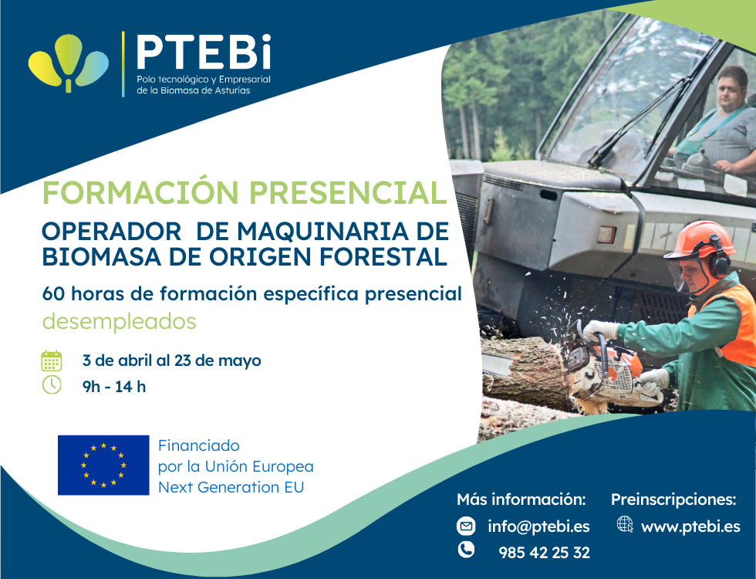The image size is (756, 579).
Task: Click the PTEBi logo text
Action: [204, 52]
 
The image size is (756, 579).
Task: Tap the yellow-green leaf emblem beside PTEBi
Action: [69, 63]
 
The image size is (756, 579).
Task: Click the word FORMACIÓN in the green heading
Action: [140, 192]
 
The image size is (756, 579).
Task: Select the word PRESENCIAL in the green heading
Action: [348, 193]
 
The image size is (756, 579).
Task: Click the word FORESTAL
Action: [383, 256]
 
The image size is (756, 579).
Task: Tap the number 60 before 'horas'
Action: [53, 293]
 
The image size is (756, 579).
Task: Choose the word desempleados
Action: [119, 321]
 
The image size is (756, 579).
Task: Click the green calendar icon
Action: [51, 361]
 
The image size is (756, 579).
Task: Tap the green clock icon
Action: [52, 385]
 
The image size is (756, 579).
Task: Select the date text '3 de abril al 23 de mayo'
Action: [171, 361]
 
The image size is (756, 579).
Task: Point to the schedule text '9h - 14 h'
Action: [114, 387]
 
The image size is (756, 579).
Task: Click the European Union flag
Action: [103, 465]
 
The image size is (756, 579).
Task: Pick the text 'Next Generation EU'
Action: [231, 487]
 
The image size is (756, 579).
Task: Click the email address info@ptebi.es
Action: [538, 527]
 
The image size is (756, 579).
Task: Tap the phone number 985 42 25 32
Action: [544, 553]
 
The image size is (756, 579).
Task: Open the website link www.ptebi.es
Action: [690, 527]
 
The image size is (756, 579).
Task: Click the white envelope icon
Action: [466, 526]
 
